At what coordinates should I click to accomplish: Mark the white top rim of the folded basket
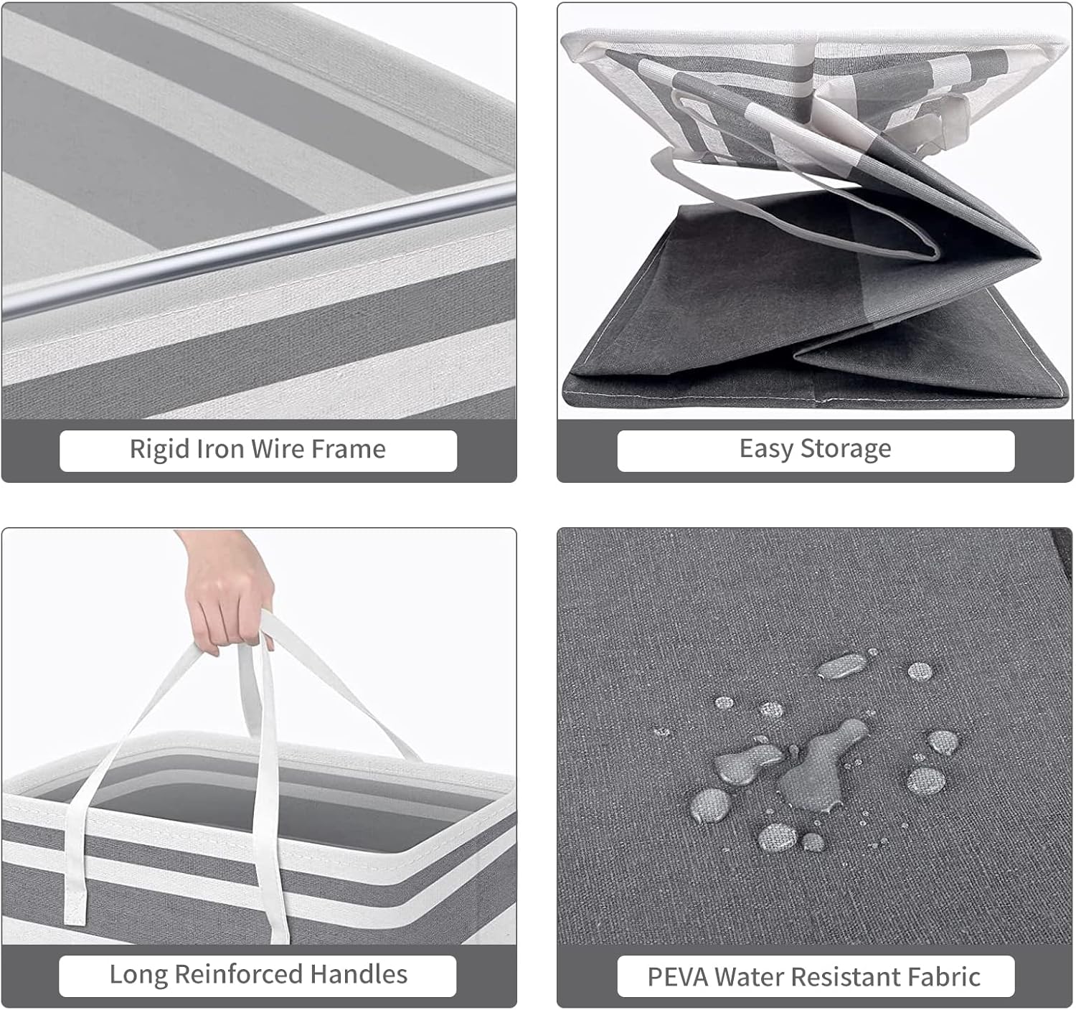[813, 41]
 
